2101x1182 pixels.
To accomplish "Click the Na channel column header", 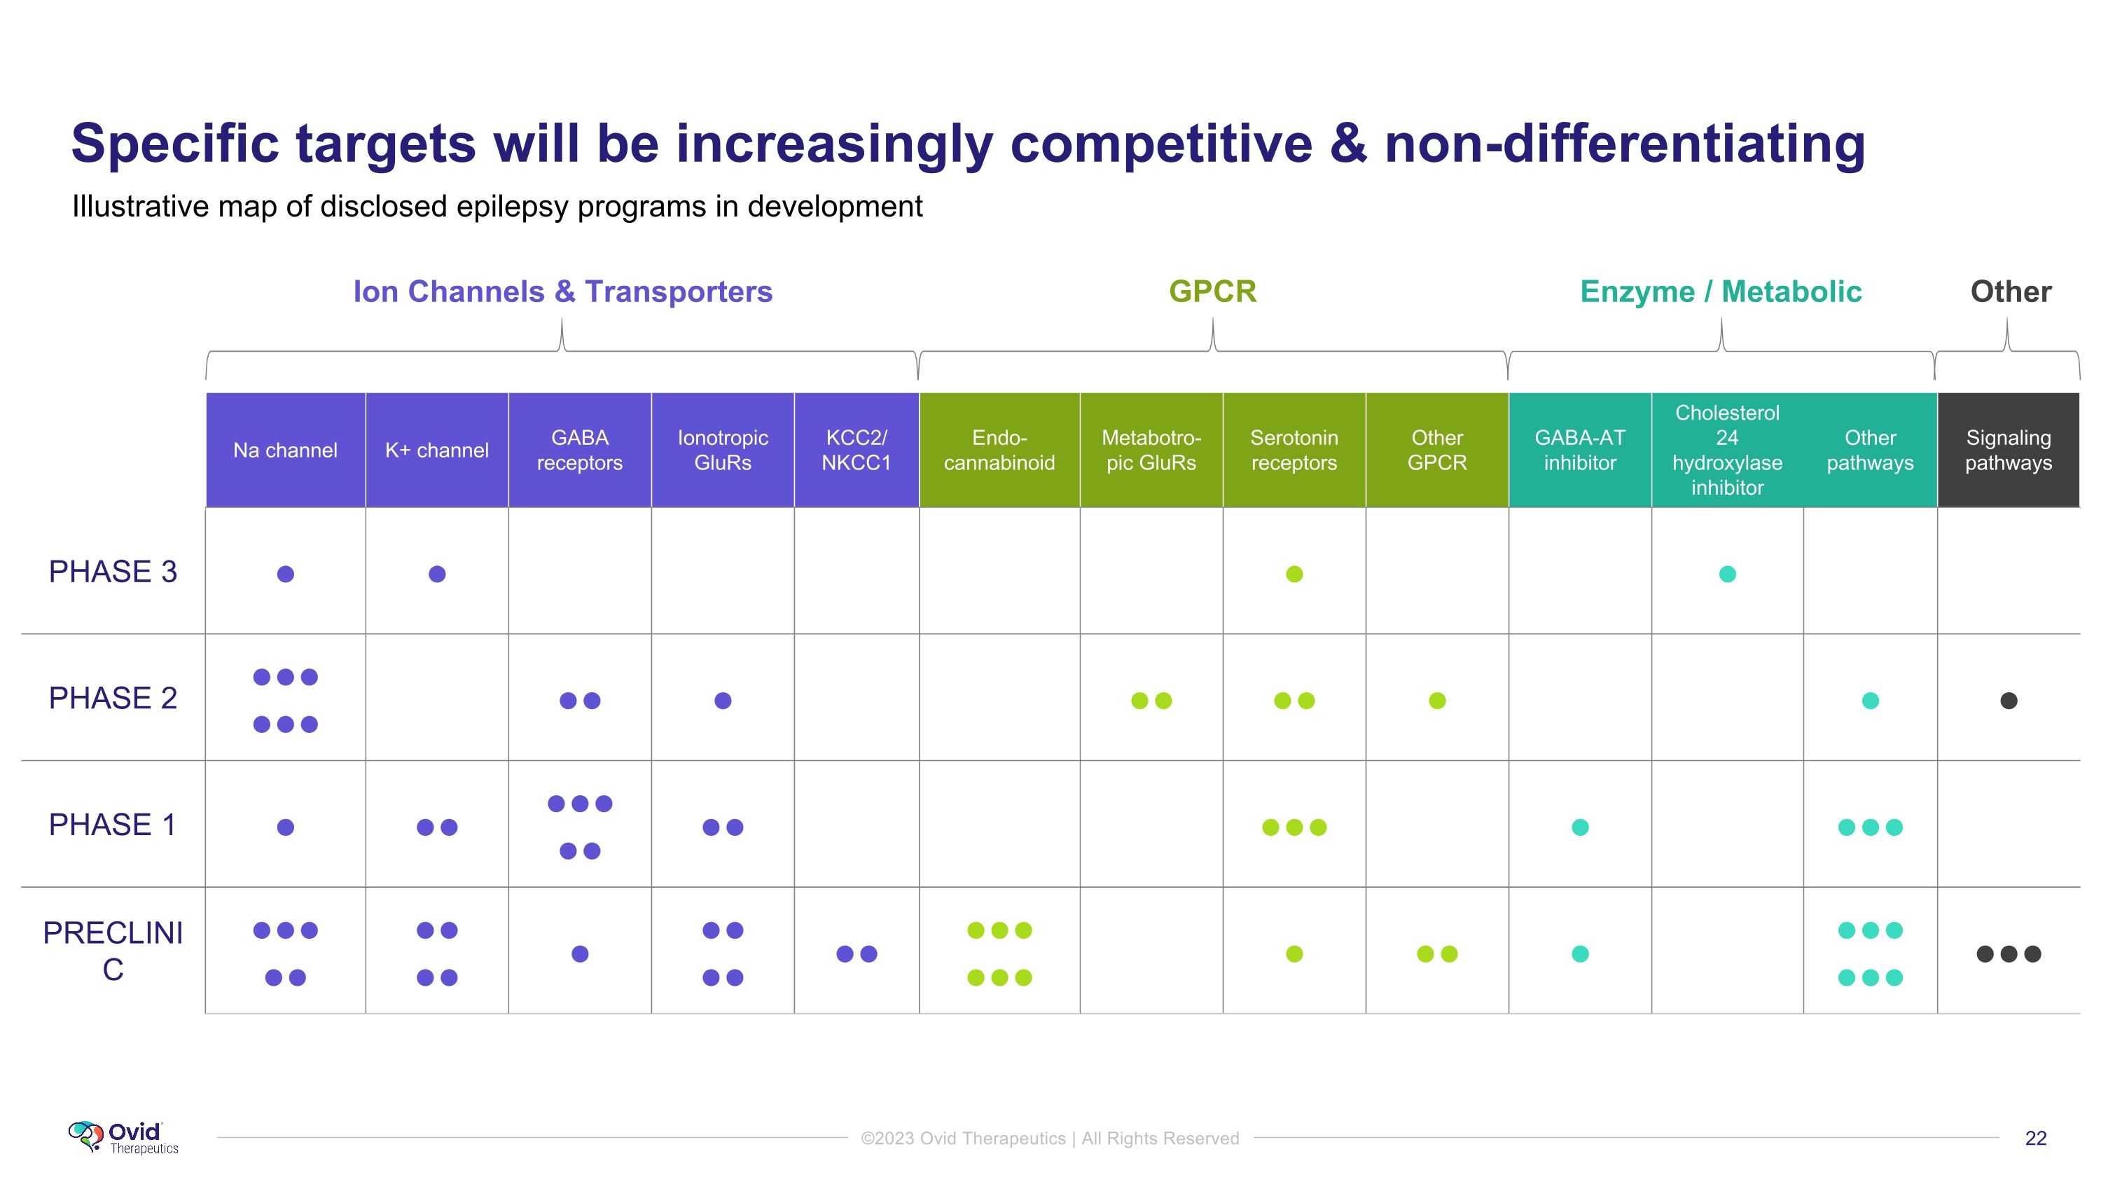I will point(284,451).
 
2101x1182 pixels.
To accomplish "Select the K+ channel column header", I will point(436,451).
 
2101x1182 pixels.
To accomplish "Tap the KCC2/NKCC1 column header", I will point(856,451).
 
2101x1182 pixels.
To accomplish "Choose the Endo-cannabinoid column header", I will point(999,451).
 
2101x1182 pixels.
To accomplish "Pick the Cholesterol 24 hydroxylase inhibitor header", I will point(1726,451).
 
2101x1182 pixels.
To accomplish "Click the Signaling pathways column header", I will point(2008,451).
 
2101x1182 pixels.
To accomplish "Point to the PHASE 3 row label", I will point(113,572).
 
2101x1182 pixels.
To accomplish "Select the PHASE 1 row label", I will point(113,825).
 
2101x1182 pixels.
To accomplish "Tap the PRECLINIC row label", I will point(113,951).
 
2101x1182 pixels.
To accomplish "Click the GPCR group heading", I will point(1212,292).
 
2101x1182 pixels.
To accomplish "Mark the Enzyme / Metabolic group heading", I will point(1720,292).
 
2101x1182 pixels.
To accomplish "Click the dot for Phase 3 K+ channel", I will point(437,575).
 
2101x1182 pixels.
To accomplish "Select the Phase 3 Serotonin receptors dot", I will point(1294,575).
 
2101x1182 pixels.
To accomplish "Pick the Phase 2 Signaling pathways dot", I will point(2009,701).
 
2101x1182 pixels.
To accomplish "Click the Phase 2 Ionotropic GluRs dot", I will point(723,701).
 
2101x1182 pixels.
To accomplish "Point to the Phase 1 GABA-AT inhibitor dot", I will point(1580,827).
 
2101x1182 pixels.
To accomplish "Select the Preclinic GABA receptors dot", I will point(580,954).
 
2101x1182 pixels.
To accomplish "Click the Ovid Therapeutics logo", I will point(123,1138).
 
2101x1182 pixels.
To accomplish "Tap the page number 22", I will point(2035,1139).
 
